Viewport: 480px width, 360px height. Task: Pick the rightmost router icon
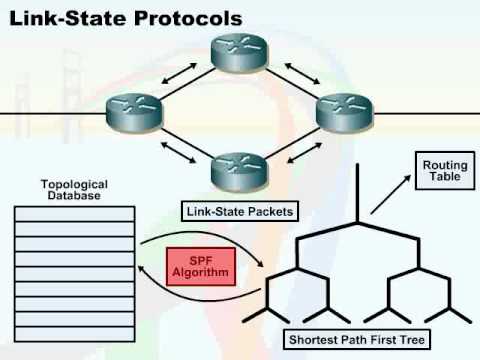342,111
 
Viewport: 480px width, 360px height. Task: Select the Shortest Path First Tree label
356,341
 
